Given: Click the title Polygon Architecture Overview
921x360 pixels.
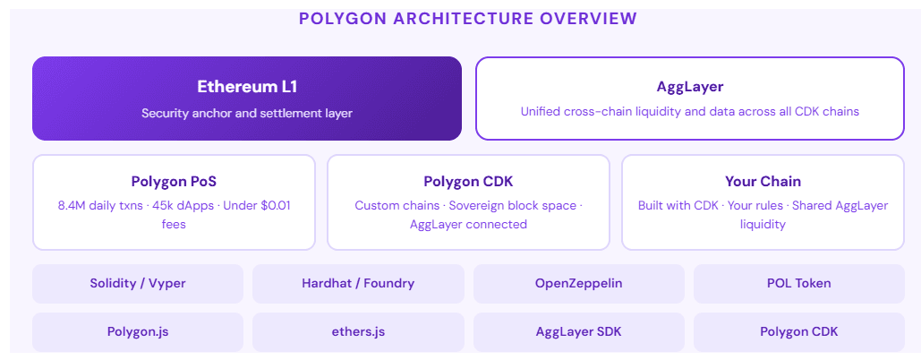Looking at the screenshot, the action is click(467, 18).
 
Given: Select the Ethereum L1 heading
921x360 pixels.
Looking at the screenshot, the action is click(247, 87).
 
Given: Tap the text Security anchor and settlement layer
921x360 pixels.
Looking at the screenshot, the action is click(247, 114).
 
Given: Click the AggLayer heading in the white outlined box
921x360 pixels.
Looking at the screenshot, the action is click(689, 87).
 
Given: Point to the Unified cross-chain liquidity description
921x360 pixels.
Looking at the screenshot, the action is click(689, 112).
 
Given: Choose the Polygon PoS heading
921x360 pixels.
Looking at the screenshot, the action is click(174, 181).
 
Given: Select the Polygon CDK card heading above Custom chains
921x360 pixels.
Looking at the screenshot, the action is click(468, 181).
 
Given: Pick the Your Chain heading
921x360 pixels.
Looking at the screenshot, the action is click(763, 181).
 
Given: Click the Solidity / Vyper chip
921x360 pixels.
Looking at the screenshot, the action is click(138, 283).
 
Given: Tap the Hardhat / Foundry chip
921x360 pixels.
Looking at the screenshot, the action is click(358, 283).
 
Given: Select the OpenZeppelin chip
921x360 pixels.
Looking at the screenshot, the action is click(578, 283).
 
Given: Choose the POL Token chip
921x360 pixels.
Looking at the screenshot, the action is click(799, 283).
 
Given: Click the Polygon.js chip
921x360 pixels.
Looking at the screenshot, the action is click(138, 331).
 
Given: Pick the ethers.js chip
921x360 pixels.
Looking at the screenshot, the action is click(358, 331).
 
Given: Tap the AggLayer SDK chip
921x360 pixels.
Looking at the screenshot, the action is click(578, 331).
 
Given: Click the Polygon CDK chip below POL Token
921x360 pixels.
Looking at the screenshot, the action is click(799, 331).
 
